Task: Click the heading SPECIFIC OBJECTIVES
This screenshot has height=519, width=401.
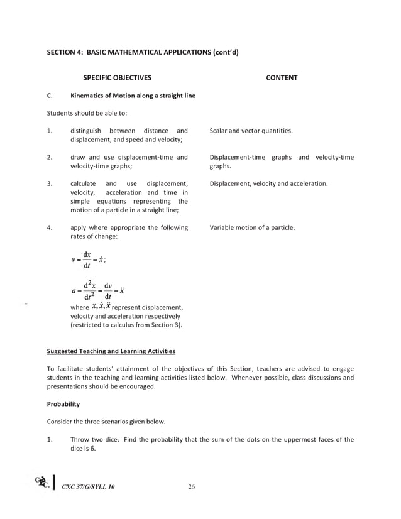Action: pos(118,78)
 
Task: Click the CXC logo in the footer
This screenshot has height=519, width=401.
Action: pos(44,483)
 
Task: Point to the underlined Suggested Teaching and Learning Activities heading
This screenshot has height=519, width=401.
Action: pos(111,351)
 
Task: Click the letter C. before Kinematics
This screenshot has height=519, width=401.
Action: pos(50,96)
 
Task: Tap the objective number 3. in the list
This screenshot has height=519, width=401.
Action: pos(50,183)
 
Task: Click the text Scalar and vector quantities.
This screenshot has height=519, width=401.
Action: pos(251,131)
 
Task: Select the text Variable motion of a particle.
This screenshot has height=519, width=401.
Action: pos(251,227)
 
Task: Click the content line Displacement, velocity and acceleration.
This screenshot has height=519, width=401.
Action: pos(268,183)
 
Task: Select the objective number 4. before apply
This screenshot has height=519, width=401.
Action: pos(50,227)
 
